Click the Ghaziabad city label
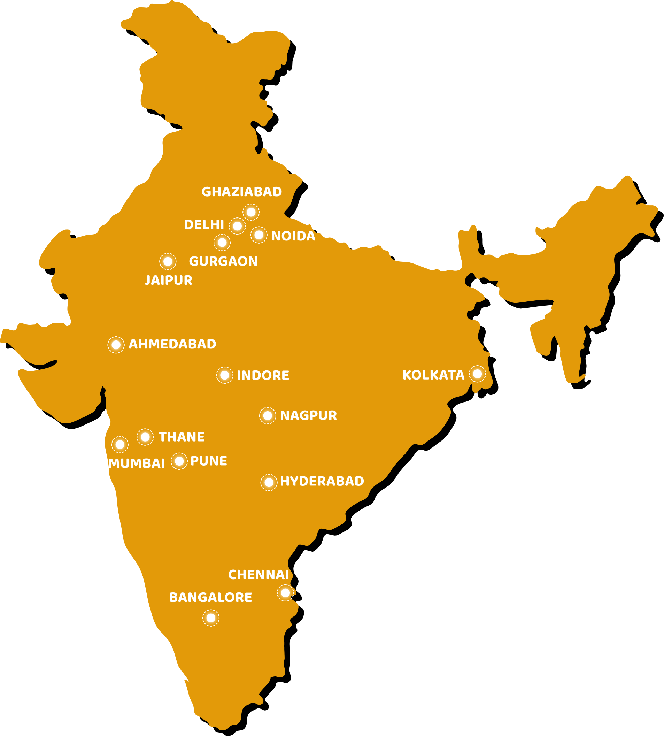pos(241,192)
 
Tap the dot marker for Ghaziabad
pos(251,212)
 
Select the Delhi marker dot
pos(237,226)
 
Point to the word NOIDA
pos(293,236)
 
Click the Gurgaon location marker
pos(222,242)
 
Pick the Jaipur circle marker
pos(168,261)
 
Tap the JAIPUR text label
pos(169,280)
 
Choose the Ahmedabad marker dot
pos(116,344)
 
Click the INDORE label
pos(263,375)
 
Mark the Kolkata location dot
pos(477,374)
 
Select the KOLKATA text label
pos(433,375)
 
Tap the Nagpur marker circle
pos(268,415)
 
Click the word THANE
pos(182,437)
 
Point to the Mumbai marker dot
pos(119,444)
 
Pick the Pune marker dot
pos(179,461)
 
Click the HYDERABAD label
pos(322,481)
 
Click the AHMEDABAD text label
pos(172,344)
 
